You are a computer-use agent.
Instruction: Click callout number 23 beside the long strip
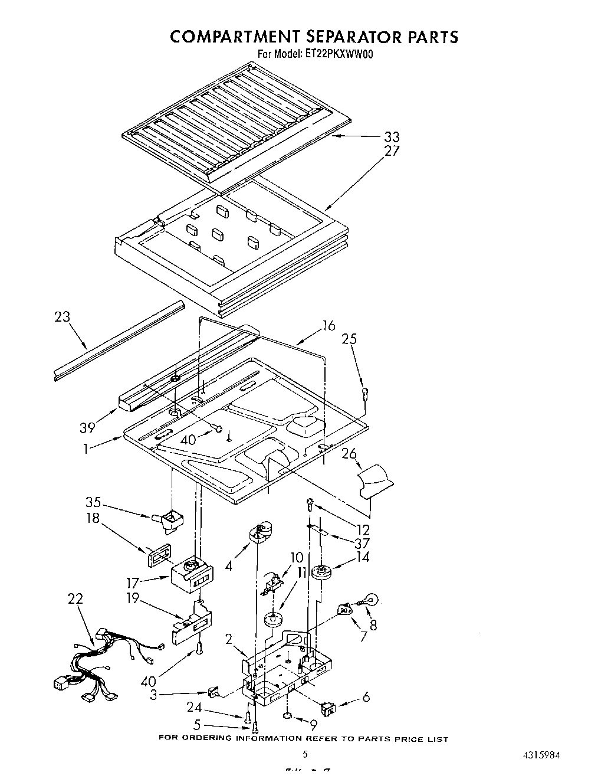pos(62,317)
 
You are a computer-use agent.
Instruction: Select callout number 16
pos(328,325)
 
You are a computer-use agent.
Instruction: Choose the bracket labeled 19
pos(191,623)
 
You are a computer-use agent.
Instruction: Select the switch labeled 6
pos(329,705)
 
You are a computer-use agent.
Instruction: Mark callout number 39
pos(87,427)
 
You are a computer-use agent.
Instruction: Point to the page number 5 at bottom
pos(305,754)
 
